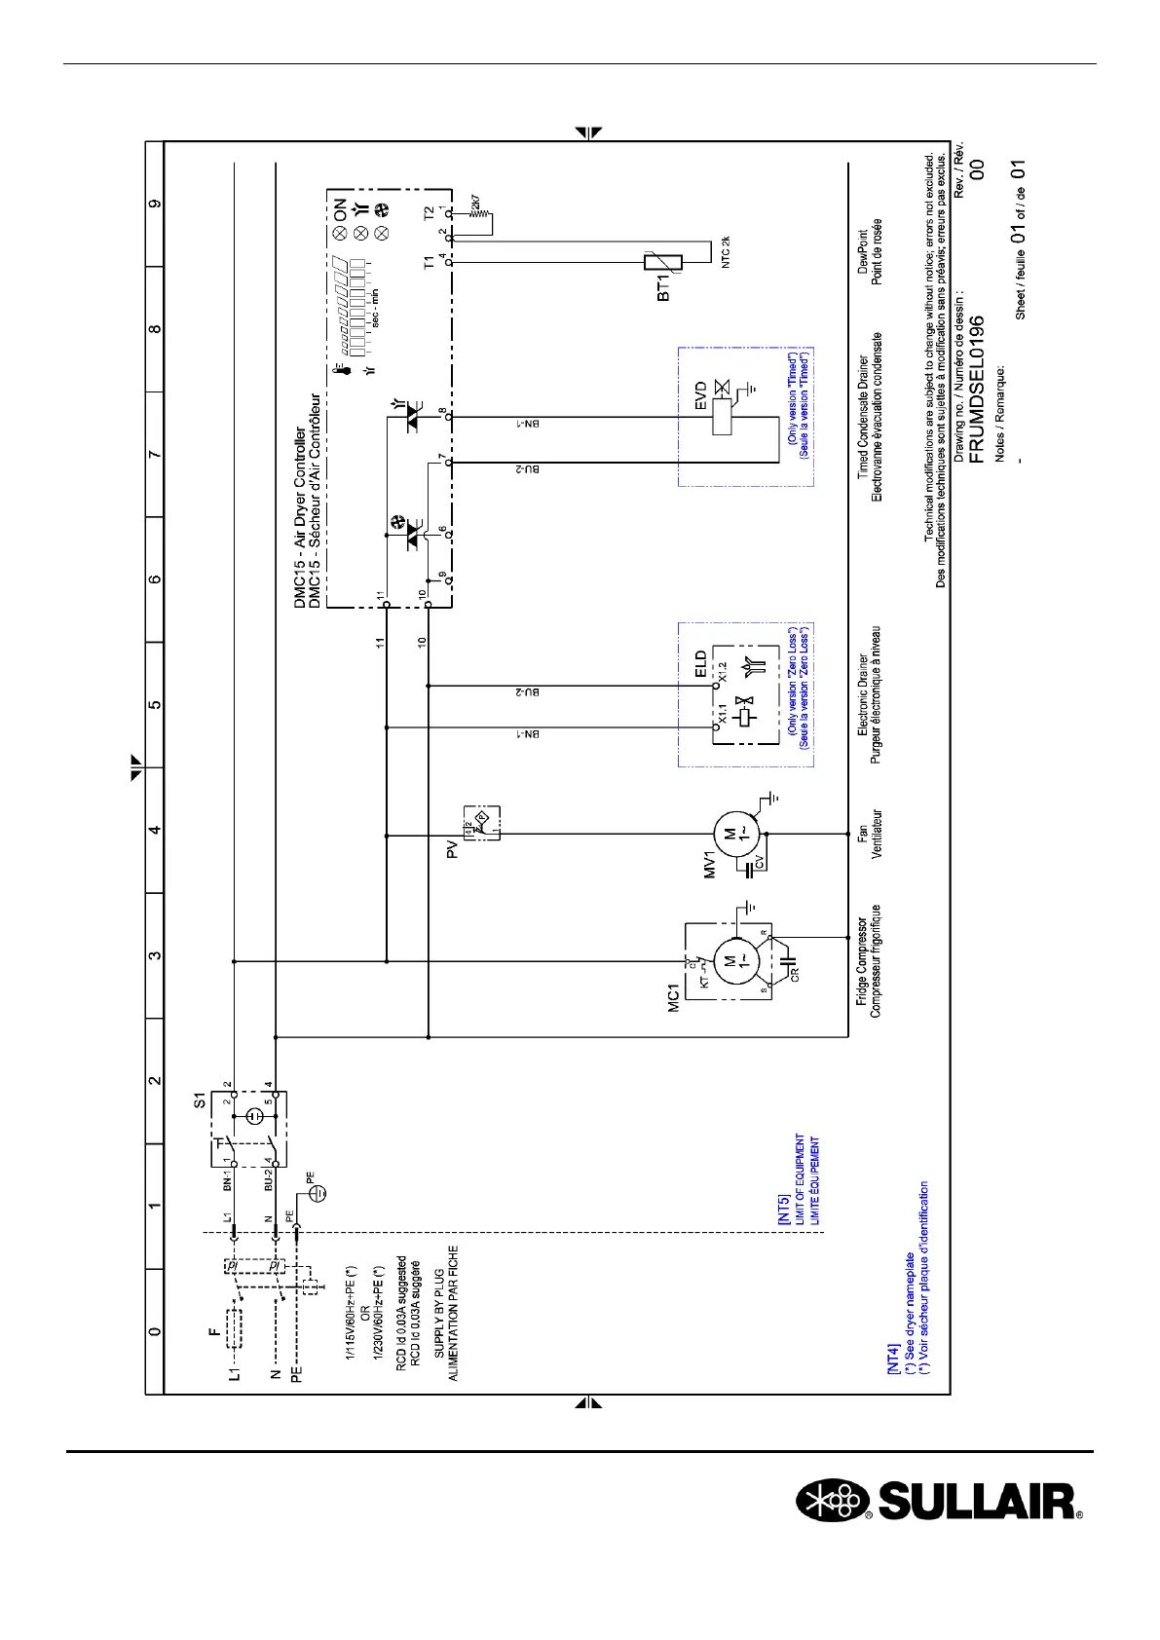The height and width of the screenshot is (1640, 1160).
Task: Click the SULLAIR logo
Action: [940, 1501]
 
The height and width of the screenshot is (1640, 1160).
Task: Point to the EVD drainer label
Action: [700, 398]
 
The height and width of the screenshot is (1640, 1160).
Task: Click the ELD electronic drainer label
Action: [700, 664]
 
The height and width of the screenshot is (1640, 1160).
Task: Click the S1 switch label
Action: [200, 1100]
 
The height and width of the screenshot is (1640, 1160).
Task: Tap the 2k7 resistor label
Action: [474, 205]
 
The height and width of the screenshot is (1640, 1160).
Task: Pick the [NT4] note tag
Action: [893, 1360]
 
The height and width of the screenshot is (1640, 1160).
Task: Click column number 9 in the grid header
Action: [154, 205]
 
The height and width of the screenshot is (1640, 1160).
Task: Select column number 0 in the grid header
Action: [154, 1331]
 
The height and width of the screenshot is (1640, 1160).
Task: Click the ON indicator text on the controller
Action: [340, 208]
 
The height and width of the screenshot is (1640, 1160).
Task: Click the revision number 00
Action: [978, 168]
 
